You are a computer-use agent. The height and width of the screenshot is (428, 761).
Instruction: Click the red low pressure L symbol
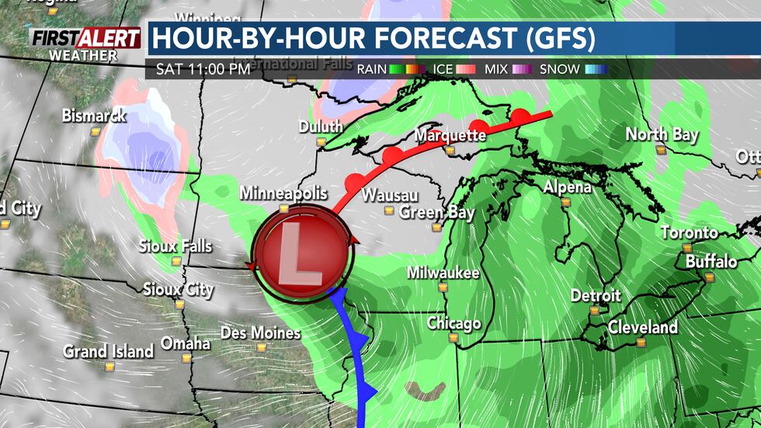298,256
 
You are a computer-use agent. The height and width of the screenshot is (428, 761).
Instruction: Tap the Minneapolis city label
283,193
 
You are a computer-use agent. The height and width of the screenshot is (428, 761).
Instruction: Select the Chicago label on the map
454,323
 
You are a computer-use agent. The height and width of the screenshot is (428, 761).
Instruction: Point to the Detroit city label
596,295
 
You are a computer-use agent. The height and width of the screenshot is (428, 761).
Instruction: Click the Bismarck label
93,116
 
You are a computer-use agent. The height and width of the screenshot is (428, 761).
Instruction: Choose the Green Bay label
436,212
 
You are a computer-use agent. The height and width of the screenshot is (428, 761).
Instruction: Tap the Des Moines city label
260,332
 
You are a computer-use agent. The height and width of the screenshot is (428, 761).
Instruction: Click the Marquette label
450,135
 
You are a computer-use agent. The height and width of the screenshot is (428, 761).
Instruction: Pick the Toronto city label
689,232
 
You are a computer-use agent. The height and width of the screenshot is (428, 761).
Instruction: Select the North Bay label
662,134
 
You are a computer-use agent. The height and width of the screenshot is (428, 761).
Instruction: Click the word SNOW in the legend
559,69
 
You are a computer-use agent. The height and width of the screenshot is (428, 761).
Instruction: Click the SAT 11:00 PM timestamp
203,69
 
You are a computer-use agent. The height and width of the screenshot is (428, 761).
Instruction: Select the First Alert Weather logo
85,43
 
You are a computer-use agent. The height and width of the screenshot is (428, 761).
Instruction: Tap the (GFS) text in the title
561,39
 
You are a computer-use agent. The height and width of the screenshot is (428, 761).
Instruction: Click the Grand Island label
109,351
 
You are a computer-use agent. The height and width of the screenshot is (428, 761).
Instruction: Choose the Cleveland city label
642,327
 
